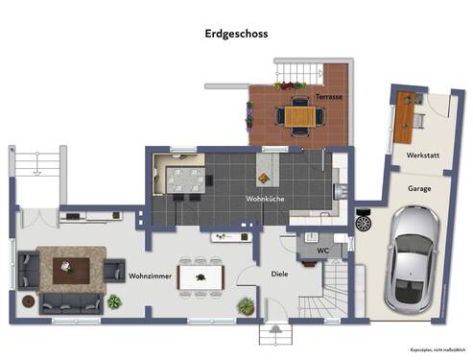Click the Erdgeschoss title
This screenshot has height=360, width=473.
[236, 33]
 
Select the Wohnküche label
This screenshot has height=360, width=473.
[267, 199]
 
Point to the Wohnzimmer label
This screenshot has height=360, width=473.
[150, 276]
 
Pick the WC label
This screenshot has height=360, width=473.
[311, 252]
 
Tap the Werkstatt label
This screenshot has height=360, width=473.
[423, 155]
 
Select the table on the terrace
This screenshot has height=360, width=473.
[299, 116]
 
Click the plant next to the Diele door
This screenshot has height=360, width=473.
[246, 308]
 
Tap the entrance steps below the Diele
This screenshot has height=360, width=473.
[274, 335]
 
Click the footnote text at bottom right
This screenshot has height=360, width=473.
[436, 349]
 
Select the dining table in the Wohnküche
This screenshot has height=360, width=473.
[185, 180]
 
